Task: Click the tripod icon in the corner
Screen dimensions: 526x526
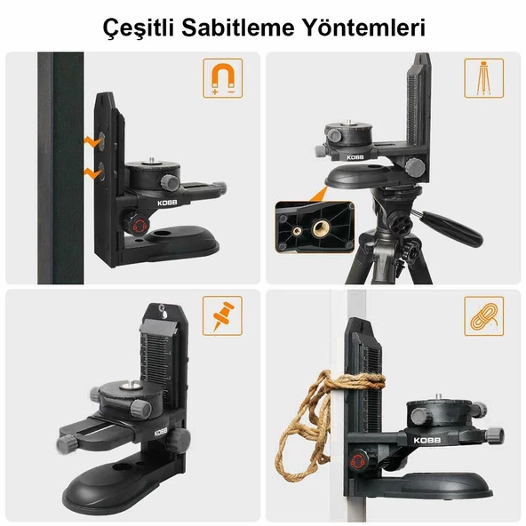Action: coord(483,78)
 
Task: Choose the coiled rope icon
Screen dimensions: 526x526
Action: coord(483,315)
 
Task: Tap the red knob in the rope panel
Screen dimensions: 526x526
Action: coord(359,461)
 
